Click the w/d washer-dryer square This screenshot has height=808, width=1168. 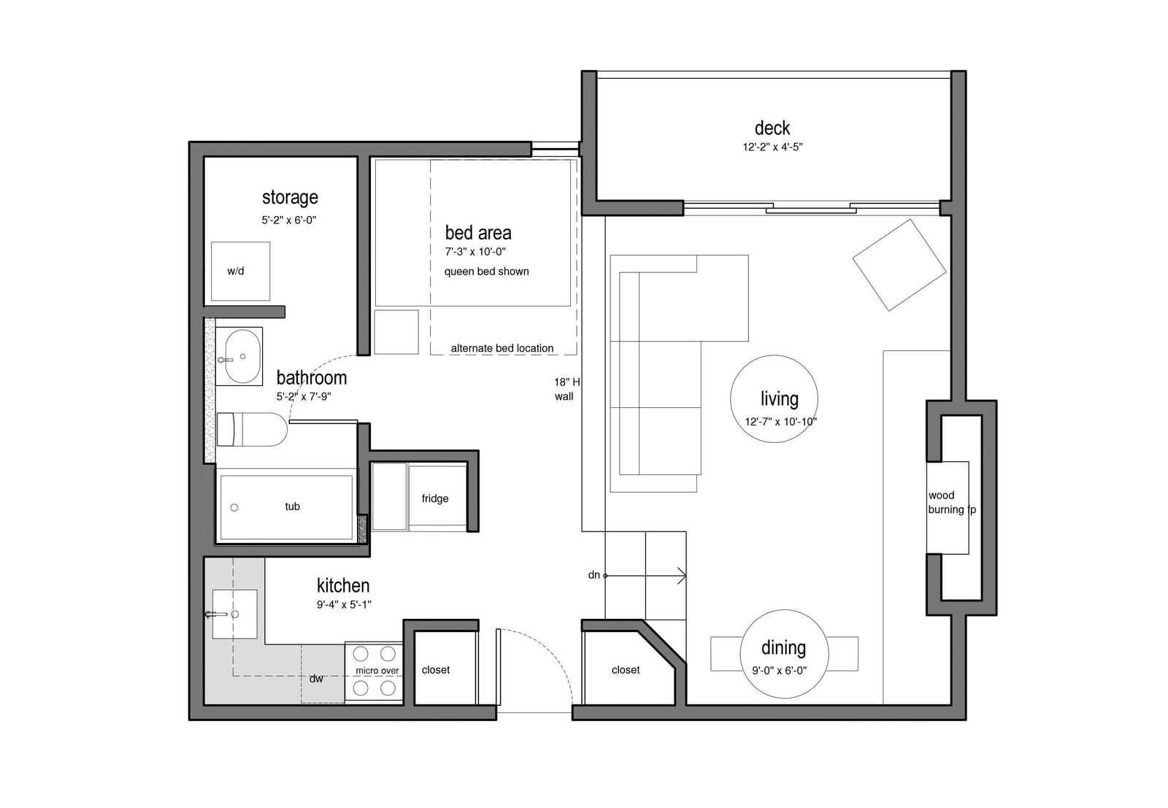(240, 271)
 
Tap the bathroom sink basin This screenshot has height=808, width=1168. (242, 357)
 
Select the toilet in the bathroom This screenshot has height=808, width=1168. (252, 429)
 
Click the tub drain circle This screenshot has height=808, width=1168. (234, 507)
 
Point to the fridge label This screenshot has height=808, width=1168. (435, 499)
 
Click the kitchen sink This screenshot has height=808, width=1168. (234, 614)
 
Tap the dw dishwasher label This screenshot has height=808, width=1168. (316, 679)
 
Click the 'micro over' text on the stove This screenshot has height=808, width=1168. (377, 670)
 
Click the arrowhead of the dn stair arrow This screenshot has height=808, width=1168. (683, 575)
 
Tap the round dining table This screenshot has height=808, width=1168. (784, 654)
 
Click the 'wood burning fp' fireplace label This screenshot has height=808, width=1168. (952, 502)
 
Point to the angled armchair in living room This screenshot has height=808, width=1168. (899, 265)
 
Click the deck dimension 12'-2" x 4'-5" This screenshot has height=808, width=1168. (772, 147)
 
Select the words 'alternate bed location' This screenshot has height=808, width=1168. (502, 348)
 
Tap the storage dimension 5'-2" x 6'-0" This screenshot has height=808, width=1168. (289, 220)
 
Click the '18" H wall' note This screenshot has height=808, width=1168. (566, 390)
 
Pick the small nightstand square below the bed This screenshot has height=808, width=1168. (396, 332)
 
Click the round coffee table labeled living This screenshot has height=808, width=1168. (774, 399)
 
